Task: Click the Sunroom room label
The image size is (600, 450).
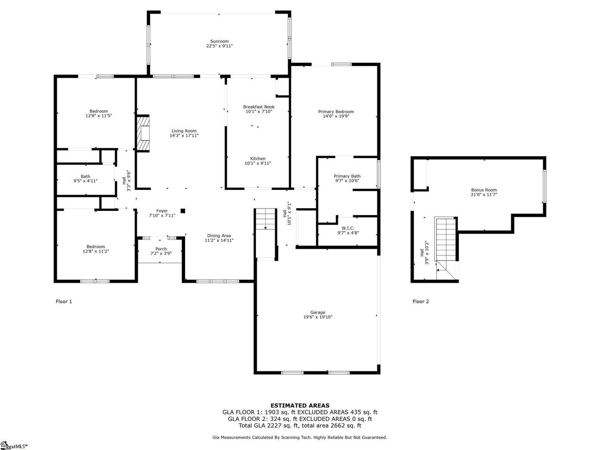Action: click(219, 41)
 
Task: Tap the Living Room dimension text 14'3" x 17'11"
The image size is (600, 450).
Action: click(184, 135)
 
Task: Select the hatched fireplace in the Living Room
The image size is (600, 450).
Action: click(142, 133)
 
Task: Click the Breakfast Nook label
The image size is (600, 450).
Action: click(259, 107)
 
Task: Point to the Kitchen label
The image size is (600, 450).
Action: click(258, 159)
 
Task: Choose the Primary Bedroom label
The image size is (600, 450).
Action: click(336, 112)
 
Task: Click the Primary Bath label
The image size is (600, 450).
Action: click(347, 176)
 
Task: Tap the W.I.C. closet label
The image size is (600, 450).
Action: click(348, 228)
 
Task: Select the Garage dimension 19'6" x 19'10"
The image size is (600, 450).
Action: click(318, 317)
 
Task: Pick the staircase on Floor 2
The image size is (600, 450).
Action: click(446, 248)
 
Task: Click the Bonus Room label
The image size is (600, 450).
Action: click(484, 190)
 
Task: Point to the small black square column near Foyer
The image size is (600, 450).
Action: click(183, 210)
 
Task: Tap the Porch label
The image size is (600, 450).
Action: click(161, 249)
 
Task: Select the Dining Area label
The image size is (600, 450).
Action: click(219, 236)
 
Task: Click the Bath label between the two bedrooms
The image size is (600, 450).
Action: click(85, 177)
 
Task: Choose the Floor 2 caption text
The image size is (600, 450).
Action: click(420, 301)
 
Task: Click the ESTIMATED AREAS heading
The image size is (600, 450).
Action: click(300, 405)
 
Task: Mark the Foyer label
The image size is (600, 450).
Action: click(162, 211)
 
